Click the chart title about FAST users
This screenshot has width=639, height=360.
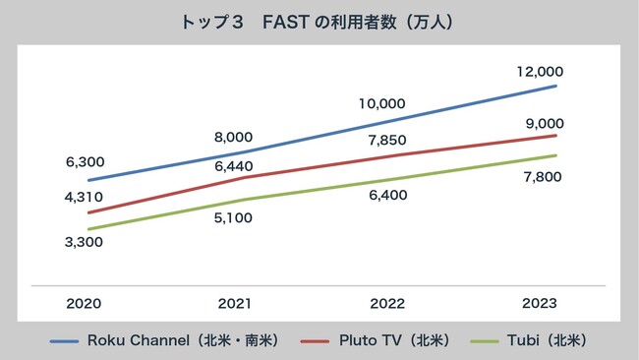tap(319, 21)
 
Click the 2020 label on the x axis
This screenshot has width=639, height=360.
tap(85, 304)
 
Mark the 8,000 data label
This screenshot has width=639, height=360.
tap(233, 137)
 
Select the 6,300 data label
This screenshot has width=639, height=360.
tap(85, 161)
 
